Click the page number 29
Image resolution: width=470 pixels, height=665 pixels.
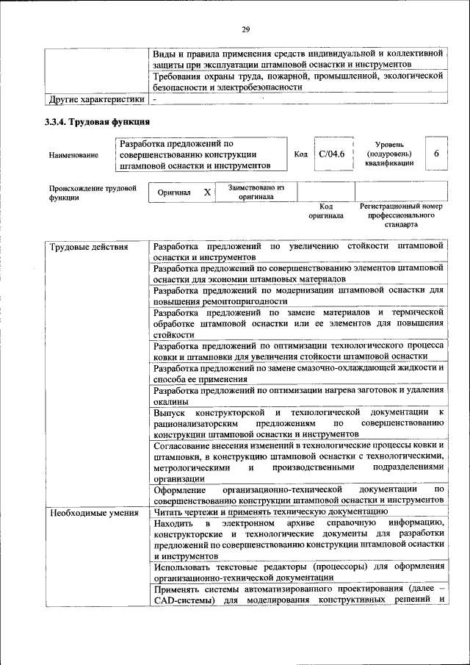(x=245, y=29)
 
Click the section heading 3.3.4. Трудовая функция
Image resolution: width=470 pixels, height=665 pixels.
(x=98, y=122)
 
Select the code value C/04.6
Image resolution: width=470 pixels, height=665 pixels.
(x=332, y=154)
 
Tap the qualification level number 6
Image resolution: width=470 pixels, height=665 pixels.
(x=436, y=154)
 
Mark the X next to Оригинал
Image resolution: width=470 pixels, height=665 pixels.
(x=207, y=192)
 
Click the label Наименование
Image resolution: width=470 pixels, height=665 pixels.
(x=73, y=156)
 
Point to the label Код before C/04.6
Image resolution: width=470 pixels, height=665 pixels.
(x=300, y=155)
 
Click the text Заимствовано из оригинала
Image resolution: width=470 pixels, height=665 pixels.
(x=256, y=192)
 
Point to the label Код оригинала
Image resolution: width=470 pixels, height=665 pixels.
(x=326, y=212)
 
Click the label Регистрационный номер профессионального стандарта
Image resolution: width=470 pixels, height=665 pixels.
(x=401, y=216)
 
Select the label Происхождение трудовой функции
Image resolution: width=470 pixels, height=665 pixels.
(x=93, y=193)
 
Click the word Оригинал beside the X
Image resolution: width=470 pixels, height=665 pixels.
(x=174, y=193)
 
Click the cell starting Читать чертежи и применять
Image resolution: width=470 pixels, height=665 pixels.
(x=270, y=511)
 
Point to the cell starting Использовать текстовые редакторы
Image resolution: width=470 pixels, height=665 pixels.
(x=298, y=571)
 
